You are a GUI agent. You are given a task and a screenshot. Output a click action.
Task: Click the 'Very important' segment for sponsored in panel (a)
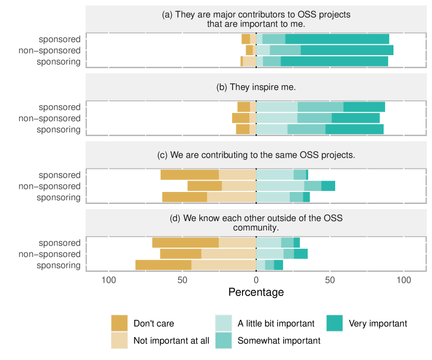pyautogui.click(x=337, y=39)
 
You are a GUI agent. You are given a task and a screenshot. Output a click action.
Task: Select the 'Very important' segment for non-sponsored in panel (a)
pyautogui.click(x=347, y=50)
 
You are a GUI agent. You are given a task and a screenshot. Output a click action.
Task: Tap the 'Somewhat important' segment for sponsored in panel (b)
pyautogui.click(x=321, y=107)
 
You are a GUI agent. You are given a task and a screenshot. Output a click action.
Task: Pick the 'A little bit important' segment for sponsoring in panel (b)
pyautogui.click(x=272, y=129)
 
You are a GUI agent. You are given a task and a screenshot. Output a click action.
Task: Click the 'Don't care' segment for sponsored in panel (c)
pyautogui.click(x=189, y=175)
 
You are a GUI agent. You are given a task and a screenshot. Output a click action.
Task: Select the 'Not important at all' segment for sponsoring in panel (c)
pyautogui.click(x=232, y=197)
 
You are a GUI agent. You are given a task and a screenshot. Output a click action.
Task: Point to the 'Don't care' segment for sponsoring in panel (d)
pyautogui.click(x=163, y=265)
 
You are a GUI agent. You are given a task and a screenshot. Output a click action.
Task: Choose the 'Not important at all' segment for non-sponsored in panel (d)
pyautogui.click(x=228, y=254)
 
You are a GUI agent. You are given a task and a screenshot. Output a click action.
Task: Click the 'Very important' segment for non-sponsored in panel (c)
pyautogui.click(x=328, y=186)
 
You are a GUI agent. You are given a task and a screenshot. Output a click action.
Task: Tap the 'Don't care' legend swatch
pyautogui.click(x=120, y=323)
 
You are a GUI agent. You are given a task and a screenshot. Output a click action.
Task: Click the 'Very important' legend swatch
pyautogui.click(x=335, y=323)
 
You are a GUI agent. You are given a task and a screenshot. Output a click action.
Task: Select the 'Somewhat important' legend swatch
pyautogui.click(x=224, y=341)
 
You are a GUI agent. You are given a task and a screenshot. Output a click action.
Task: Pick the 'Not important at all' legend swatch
pyautogui.click(x=120, y=341)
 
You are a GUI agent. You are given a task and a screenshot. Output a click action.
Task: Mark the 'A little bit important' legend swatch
pyautogui.click(x=224, y=323)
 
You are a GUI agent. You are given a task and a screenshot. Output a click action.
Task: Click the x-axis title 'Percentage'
pyautogui.click(x=256, y=292)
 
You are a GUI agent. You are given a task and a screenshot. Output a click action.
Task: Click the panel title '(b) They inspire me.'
pyautogui.click(x=256, y=87)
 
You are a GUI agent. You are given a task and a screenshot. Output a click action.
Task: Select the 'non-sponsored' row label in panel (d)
pyautogui.click(x=49, y=254)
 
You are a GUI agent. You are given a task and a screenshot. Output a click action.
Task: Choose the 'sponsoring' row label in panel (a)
pyautogui.click(x=58, y=62)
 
